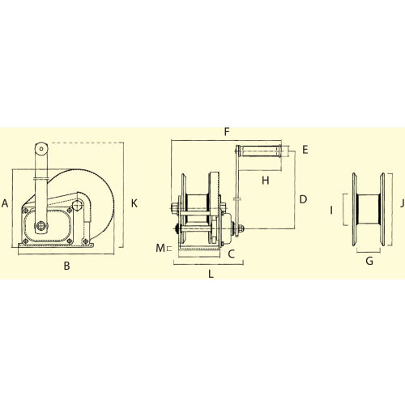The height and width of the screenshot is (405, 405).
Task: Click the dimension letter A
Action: [x=6, y=203]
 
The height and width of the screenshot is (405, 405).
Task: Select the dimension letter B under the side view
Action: [x=66, y=266]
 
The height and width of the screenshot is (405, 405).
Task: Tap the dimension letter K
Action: [x=134, y=203]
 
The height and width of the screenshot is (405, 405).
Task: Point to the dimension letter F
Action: [x=227, y=130]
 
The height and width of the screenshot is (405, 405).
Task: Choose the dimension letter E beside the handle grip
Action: [x=305, y=150]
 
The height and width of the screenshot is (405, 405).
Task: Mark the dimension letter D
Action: [x=303, y=198]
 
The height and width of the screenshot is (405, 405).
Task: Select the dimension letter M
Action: [x=159, y=247]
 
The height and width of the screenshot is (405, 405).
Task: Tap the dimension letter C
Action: [x=231, y=254]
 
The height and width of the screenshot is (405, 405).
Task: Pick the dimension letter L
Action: [x=211, y=275]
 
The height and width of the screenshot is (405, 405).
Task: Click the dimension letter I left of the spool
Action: [x=331, y=210]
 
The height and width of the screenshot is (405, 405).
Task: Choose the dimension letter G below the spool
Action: [x=369, y=261]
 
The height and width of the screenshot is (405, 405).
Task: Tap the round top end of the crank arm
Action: [x=38, y=148]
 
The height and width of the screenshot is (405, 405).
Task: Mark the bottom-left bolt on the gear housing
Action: [x=27, y=241]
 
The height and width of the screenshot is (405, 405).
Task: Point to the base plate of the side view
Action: [x=57, y=248]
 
